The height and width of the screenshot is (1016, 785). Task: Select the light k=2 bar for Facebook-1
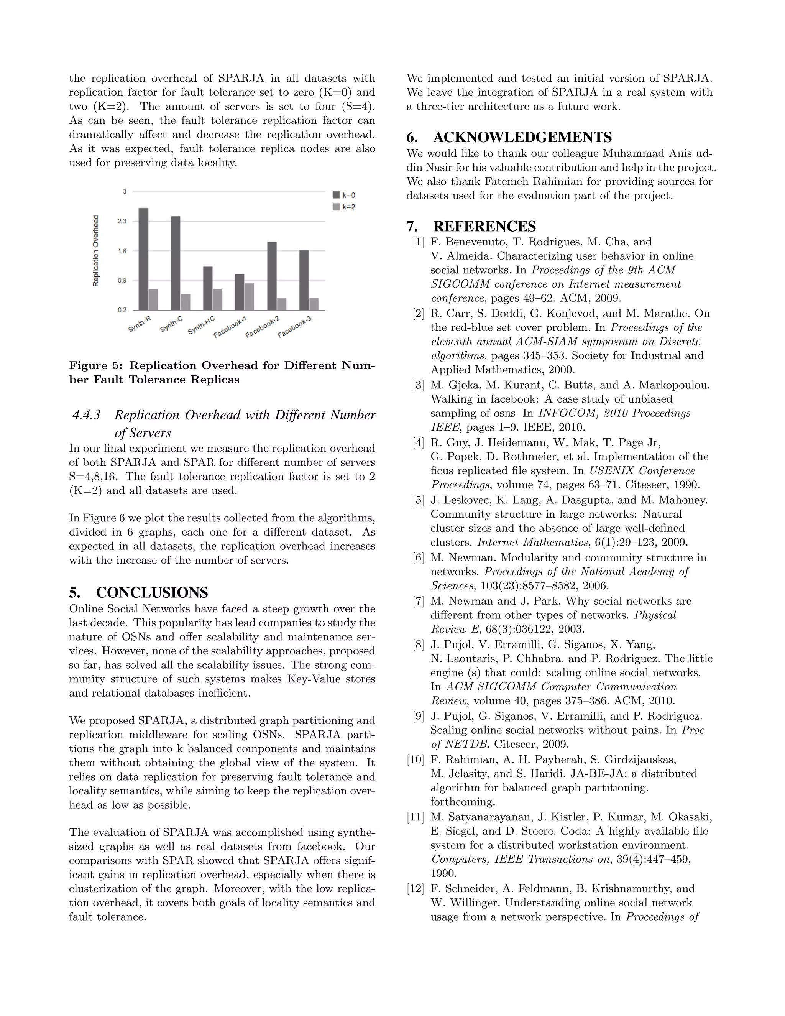(249, 296)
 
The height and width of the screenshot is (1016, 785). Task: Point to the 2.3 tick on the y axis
(122, 221)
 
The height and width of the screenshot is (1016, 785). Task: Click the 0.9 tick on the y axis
(122, 281)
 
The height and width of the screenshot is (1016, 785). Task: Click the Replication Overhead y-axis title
(96, 251)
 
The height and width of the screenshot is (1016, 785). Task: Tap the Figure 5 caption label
(95, 366)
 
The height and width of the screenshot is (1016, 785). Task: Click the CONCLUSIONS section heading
(152, 593)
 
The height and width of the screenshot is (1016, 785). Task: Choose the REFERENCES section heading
(484, 227)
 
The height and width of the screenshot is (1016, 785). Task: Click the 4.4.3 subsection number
(87, 415)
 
